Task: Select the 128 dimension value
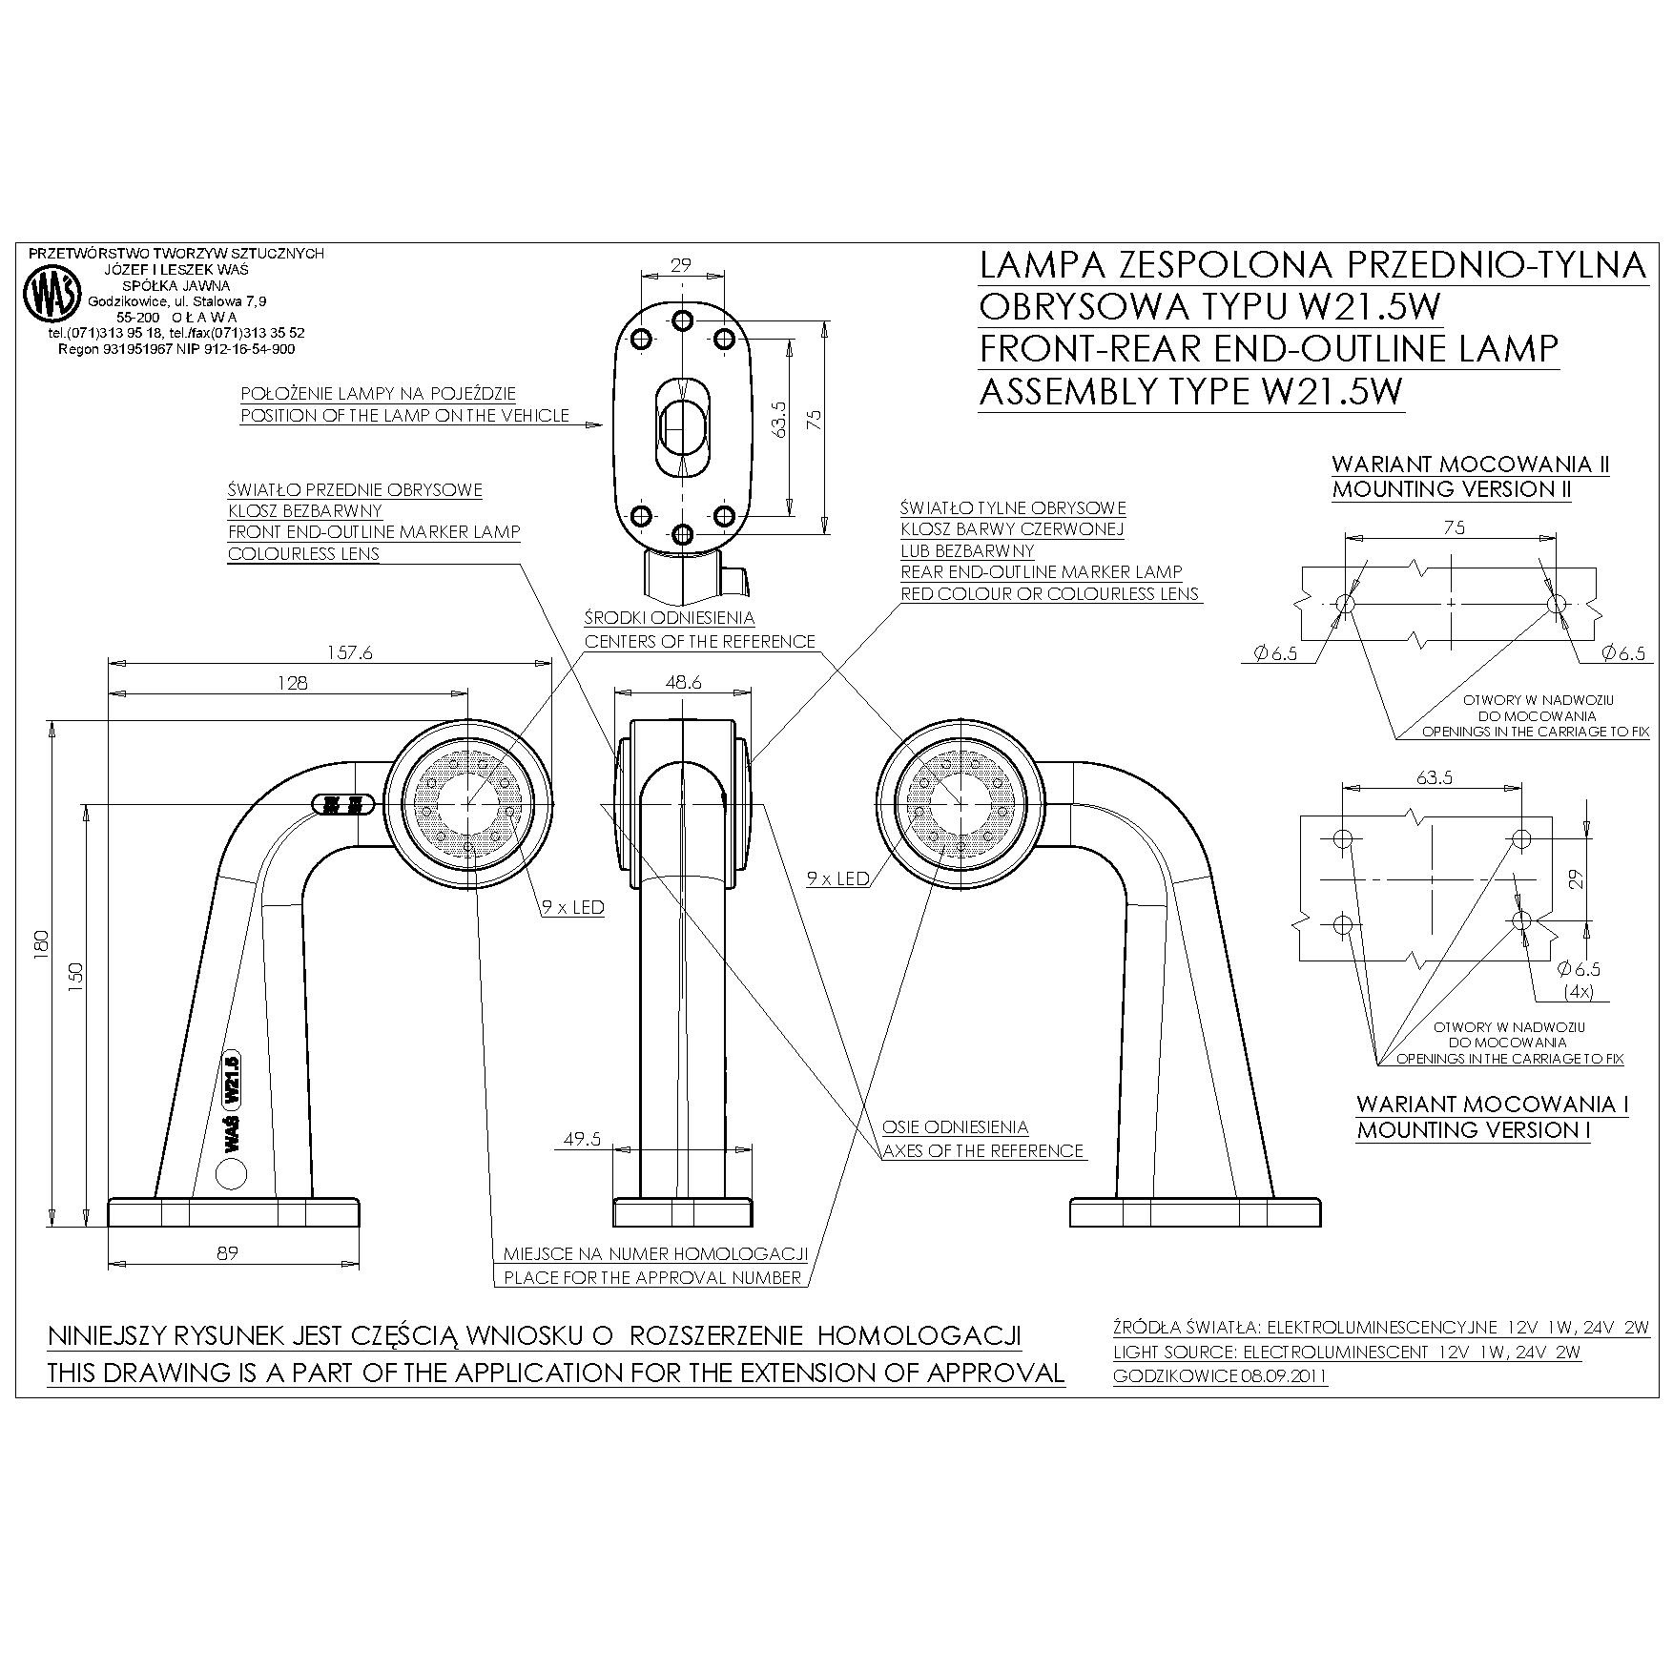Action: click(x=293, y=682)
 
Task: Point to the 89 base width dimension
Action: click(x=227, y=1252)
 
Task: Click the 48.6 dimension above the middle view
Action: click(x=683, y=682)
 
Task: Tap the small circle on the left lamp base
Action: click(x=232, y=1173)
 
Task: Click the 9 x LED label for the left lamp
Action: click(x=573, y=907)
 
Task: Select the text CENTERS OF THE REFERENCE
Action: click(x=699, y=642)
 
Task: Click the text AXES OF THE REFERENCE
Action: click(x=982, y=1151)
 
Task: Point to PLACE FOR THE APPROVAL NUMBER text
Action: click(x=651, y=1277)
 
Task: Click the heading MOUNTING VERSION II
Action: click(x=1451, y=490)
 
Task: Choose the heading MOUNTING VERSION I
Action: click(x=1473, y=1130)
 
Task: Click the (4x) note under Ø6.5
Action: click(x=1579, y=991)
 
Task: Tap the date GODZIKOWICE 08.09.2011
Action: click(x=1220, y=1376)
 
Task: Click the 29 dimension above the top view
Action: click(x=680, y=265)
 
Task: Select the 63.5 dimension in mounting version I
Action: click(x=1434, y=777)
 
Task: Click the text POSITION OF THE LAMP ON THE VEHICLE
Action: click(x=404, y=416)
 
